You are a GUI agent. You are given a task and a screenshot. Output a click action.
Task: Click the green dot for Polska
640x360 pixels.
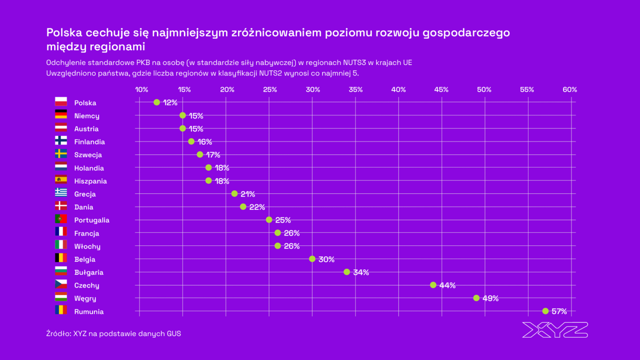156,102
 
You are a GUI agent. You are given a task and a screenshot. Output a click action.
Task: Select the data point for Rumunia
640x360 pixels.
545,311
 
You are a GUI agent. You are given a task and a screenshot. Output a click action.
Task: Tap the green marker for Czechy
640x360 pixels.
433,285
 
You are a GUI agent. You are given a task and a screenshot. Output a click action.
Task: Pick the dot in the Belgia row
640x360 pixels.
312,259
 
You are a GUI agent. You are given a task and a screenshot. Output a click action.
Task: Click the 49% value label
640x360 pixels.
490,299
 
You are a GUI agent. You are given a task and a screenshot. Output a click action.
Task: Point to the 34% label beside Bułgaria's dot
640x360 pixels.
361,272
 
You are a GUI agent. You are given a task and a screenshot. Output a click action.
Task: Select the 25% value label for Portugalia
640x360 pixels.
283,220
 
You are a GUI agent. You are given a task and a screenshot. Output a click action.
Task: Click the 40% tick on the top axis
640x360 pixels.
398,90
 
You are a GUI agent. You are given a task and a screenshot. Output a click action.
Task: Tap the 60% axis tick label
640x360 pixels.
569,90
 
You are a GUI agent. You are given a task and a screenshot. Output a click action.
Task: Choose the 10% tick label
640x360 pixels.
141,90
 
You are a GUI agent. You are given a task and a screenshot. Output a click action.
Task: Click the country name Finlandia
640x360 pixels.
89,142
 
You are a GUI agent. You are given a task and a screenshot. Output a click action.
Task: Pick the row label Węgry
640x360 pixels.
85,299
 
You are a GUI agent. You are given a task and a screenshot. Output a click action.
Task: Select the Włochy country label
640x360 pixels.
87,246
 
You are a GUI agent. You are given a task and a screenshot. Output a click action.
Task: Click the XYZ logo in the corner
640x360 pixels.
555,330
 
